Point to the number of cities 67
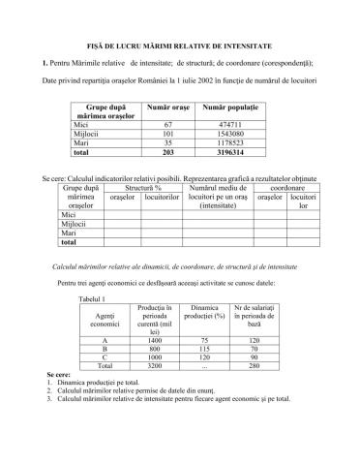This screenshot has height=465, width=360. pyautogui.click(x=166, y=126)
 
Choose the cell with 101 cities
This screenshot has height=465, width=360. pyautogui.click(x=166, y=135)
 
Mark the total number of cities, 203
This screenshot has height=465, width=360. pyautogui.click(x=166, y=153)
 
